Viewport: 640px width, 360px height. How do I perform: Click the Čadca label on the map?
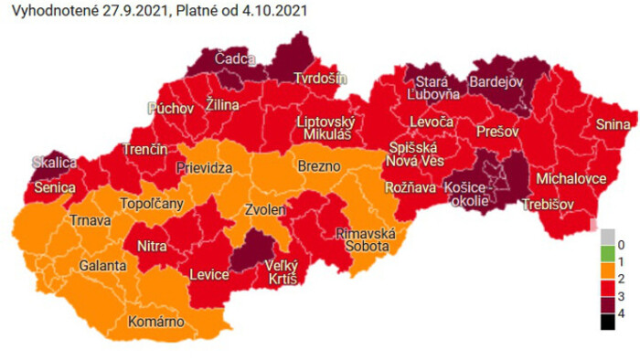pos(236,58)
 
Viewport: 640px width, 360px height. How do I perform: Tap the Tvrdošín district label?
pos(320,78)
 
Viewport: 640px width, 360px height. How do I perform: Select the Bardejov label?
pos(494,83)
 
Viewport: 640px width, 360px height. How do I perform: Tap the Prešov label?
pos(497,132)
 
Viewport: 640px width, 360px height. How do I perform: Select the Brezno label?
pos(319,166)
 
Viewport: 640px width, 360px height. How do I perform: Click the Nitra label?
pos(151,246)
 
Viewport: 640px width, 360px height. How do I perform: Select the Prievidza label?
pos(204,169)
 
